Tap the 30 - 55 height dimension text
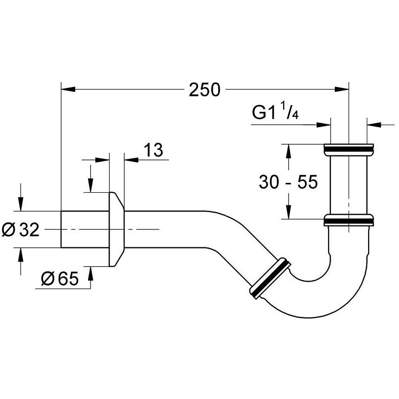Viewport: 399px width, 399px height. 288,182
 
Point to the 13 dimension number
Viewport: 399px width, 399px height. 153,150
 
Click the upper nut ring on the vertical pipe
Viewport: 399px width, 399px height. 349,147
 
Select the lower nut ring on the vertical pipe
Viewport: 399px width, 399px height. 349,221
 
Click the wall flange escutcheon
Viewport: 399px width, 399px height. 116,229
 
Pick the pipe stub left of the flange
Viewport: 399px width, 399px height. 84,229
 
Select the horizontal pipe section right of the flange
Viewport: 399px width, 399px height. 166,229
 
